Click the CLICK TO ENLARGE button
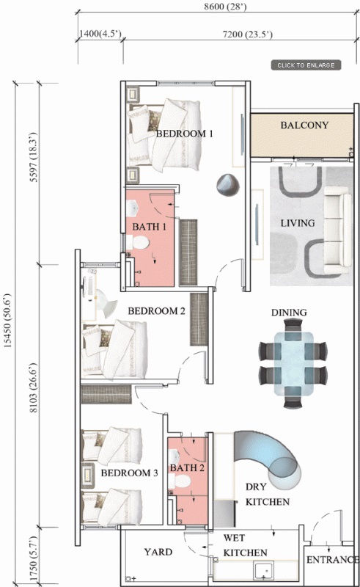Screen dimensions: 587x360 [306, 65]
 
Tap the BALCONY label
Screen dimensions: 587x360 [304, 125]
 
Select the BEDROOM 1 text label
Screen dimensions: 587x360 [184, 134]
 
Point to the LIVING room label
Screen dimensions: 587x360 [298, 223]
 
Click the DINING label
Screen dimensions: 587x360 [289, 313]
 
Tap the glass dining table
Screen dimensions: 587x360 [291, 363]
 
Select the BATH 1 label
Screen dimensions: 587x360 [150, 227]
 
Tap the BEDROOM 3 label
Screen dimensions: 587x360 [130, 473]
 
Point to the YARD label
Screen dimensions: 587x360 [158, 553]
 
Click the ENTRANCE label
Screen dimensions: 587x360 [332, 560]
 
